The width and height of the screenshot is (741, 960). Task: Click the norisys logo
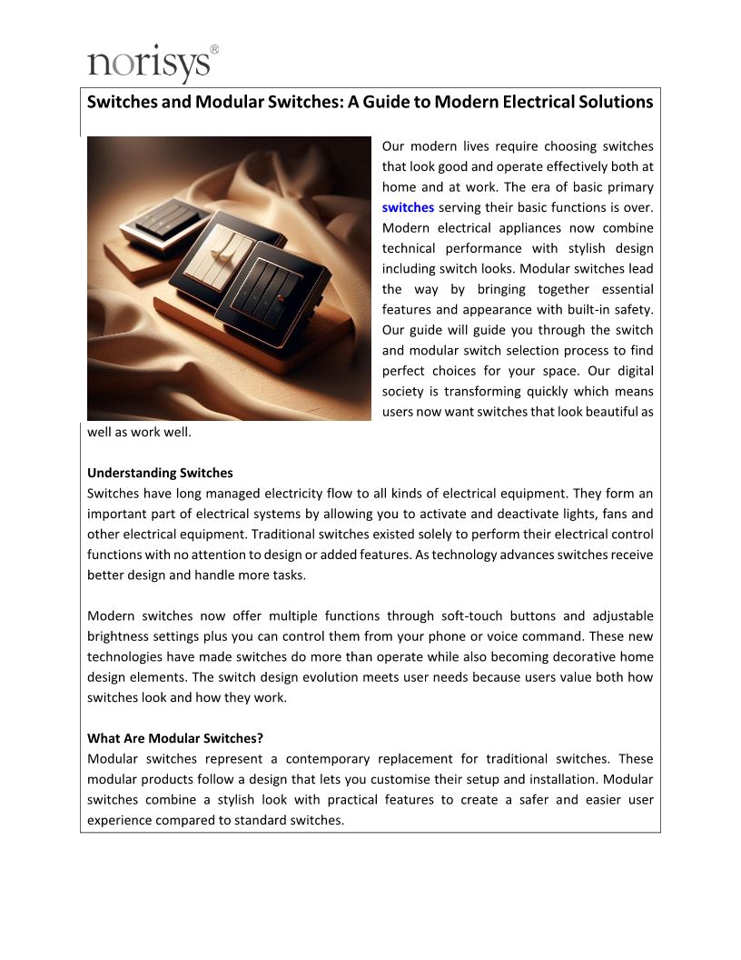pos(150,65)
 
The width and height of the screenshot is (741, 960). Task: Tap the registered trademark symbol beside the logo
pos(214,49)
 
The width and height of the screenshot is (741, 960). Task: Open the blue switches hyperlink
pos(408,207)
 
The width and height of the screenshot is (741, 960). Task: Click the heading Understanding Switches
pos(160,473)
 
